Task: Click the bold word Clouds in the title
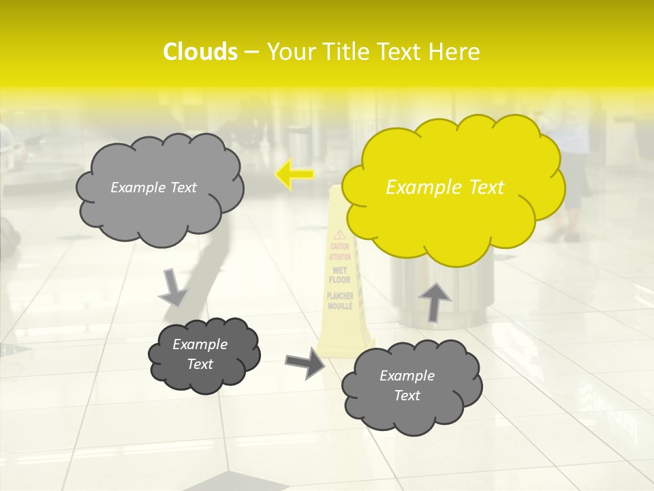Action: (200, 52)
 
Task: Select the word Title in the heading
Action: (343, 52)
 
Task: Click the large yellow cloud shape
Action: (453, 188)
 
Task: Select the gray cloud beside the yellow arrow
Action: (159, 188)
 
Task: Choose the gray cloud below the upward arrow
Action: (411, 385)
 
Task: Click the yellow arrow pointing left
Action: (294, 175)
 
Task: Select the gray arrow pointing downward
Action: (173, 287)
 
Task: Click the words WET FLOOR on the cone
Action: (339, 276)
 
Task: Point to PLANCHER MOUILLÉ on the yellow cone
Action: (339, 301)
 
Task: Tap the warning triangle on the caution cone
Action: (339, 235)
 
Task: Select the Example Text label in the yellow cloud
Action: (445, 188)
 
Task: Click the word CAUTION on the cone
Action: (339, 246)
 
